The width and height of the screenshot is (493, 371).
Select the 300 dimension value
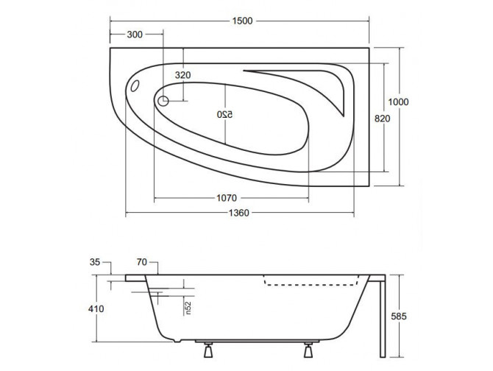pos(135,35)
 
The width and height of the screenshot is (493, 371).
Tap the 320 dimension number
pos(183,75)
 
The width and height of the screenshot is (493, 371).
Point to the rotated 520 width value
pos(221,115)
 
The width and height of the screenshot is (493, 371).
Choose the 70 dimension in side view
pos(143,262)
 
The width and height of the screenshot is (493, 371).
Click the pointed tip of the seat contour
pos(342,115)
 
